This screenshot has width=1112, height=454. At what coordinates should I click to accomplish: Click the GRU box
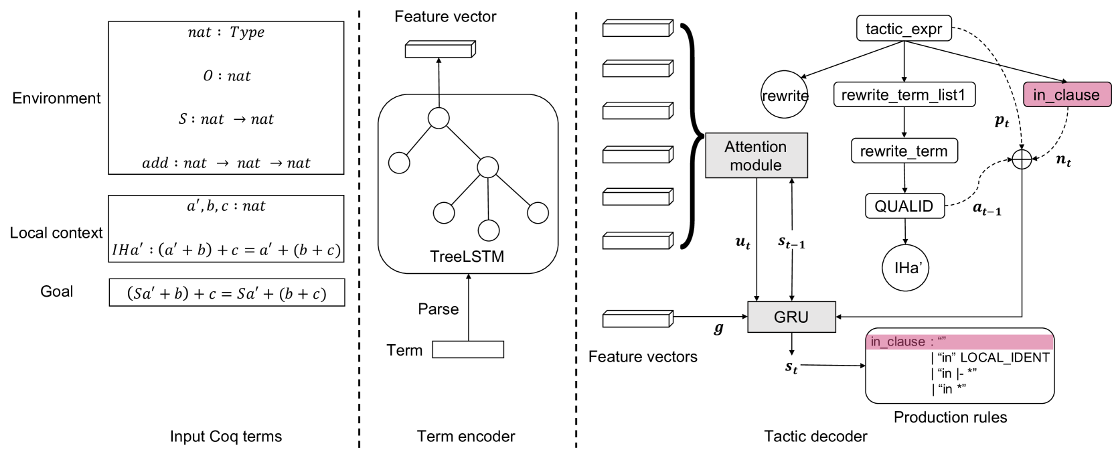click(x=791, y=317)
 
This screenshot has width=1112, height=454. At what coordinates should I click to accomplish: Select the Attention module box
click(x=756, y=155)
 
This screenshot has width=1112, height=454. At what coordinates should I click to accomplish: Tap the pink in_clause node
click(x=1067, y=94)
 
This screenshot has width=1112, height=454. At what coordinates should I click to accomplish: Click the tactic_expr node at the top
click(x=904, y=28)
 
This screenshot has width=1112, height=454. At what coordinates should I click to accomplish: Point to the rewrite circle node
click(x=785, y=94)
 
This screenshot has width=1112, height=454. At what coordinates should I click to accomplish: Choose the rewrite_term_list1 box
click(x=904, y=94)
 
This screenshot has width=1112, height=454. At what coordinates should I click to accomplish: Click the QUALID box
click(x=904, y=206)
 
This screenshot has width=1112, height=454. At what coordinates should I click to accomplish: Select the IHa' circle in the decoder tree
click(x=905, y=268)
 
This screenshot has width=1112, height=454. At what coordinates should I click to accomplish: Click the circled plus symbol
click(x=1022, y=159)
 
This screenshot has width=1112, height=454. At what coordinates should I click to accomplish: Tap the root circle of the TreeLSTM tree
click(x=439, y=119)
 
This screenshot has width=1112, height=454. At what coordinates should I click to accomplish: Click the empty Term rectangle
click(x=468, y=349)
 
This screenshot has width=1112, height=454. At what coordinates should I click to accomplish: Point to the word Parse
click(x=438, y=309)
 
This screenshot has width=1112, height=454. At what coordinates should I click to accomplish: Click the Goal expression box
click(x=227, y=293)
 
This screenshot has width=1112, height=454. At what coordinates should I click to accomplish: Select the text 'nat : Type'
click(x=226, y=32)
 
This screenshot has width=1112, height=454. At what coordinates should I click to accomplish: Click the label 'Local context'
click(x=56, y=232)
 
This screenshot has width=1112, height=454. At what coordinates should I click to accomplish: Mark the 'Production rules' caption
click(x=950, y=417)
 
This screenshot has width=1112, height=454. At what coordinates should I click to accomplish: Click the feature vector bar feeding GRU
click(x=638, y=319)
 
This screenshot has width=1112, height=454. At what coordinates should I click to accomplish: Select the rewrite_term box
click(x=904, y=151)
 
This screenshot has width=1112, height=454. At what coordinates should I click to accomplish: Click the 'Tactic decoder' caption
click(x=815, y=436)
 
